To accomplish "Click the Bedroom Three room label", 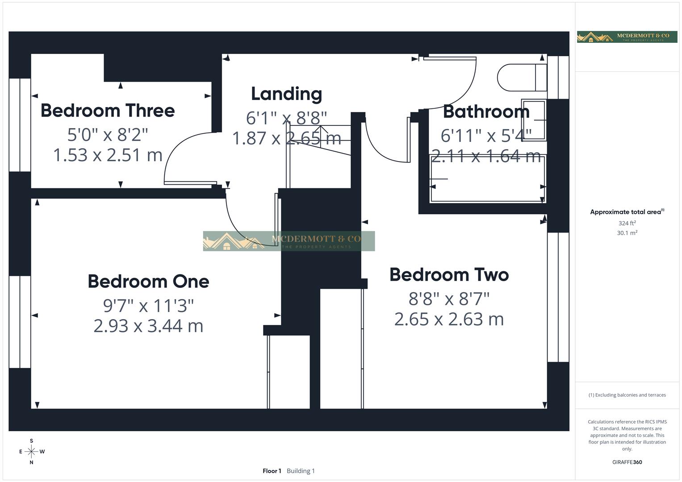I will click(108, 111).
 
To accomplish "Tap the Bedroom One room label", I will click(148, 282).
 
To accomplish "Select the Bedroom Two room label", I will click(449, 275).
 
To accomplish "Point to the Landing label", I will click(286, 94).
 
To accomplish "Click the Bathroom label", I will click(486, 112).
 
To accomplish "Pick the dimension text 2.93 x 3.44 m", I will click(148, 326).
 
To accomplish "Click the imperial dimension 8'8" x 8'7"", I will click(449, 299).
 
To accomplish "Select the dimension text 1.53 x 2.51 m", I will click(108, 155).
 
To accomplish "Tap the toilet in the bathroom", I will click(522, 78).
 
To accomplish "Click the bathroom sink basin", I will click(534, 120).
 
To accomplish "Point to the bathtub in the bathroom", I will click(487, 179).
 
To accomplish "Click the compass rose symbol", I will click(31, 452).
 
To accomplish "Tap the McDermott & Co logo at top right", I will click(627, 37).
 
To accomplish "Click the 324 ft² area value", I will click(627, 223).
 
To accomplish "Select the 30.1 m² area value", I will click(627, 233).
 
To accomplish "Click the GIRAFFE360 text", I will click(627, 462).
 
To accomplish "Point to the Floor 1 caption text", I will click(272, 471).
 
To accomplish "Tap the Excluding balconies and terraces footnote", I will click(627, 395).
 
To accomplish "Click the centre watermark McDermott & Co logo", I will click(289, 241).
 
